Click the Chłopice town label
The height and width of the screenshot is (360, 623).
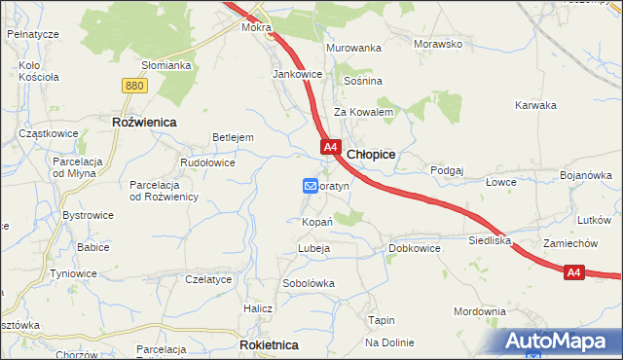(x=371, y=154)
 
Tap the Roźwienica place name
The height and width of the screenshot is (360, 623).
(x=143, y=122)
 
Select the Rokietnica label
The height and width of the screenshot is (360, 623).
(x=269, y=344)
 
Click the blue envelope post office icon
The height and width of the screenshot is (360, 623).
(x=311, y=185)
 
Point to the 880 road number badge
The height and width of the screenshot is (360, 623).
(x=135, y=86)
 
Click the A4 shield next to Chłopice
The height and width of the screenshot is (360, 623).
(x=331, y=148)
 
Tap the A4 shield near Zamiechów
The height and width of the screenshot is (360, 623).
(x=574, y=273)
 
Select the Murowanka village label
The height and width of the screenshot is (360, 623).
(x=353, y=47)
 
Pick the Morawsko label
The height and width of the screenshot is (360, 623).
(x=437, y=45)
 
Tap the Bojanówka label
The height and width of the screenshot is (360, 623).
(x=585, y=175)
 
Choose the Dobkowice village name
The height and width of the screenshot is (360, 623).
(x=415, y=248)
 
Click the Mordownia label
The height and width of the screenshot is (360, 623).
(x=480, y=311)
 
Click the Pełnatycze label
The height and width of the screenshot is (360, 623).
(x=33, y=34)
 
